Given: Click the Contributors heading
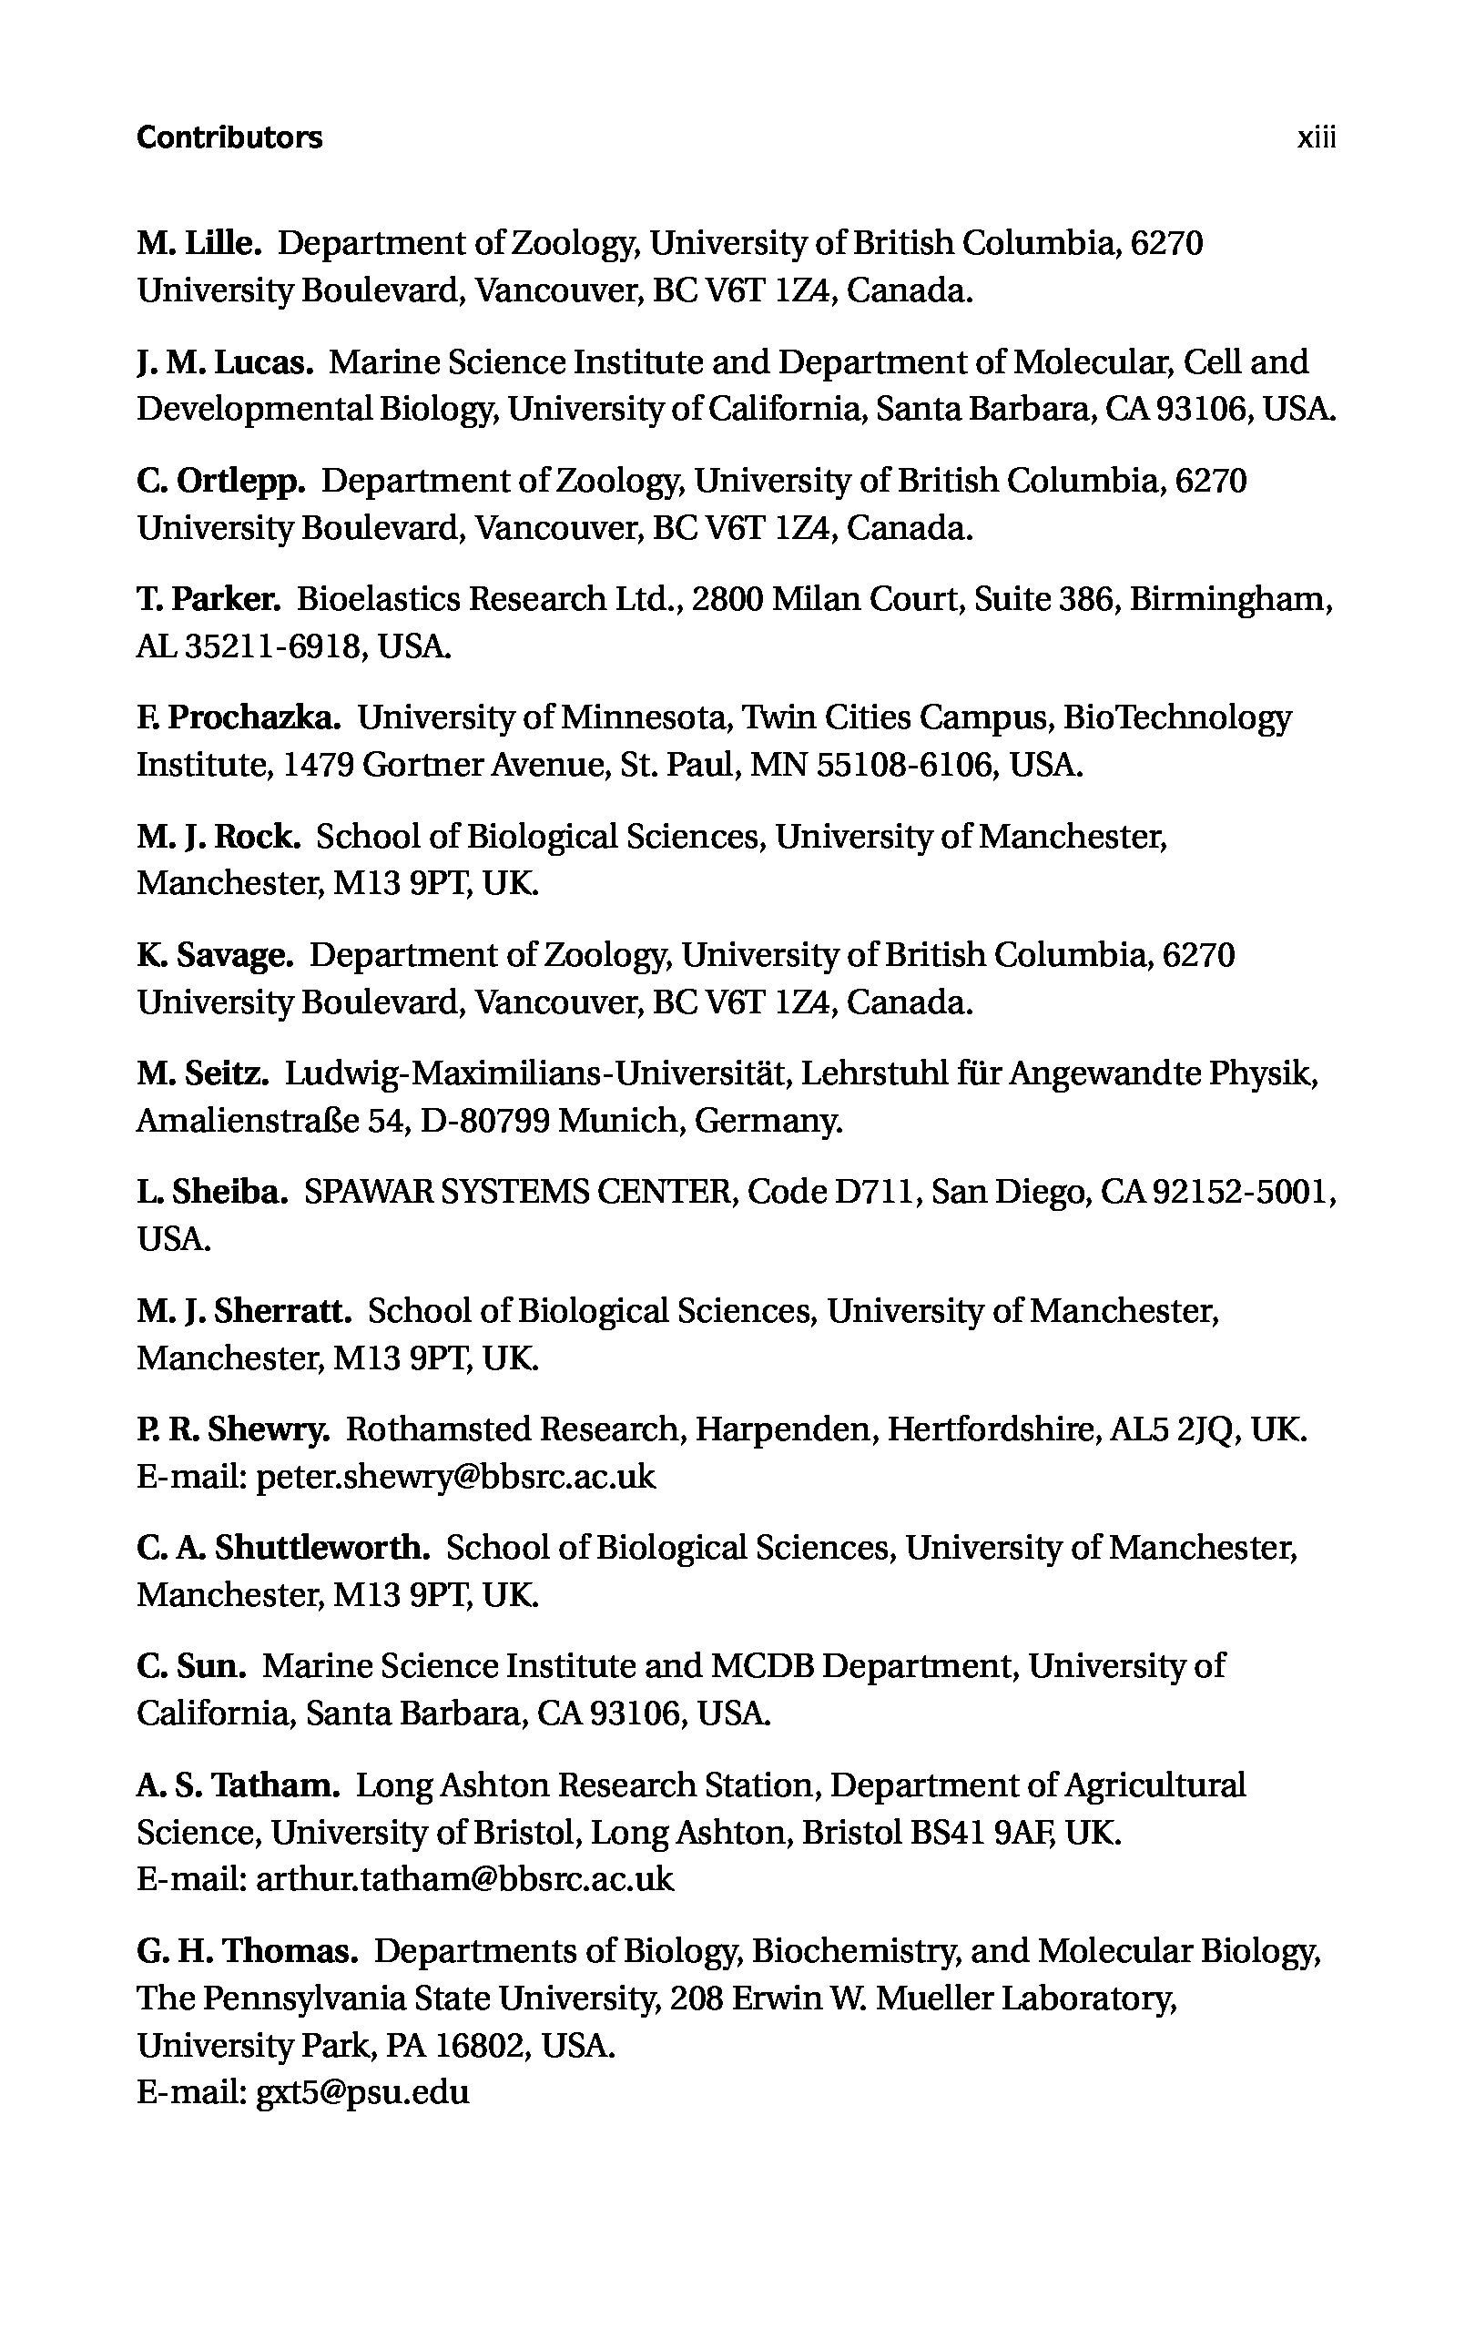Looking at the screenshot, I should [229, 137].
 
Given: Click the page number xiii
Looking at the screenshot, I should [1316, 137].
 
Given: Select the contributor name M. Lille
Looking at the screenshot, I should [199, 243].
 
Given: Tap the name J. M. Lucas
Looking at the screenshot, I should [224, 362].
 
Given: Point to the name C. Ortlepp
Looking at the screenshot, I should [221, 481].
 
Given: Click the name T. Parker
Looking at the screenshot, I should [209, 599].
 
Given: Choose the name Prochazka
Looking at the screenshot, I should [255, 718].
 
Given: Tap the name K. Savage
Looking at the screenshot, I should [215, 955].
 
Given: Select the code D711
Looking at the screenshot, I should [876, 1192].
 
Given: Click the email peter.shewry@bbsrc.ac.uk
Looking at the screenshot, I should [455, 1477].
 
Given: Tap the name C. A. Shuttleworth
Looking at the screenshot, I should [283, 1548].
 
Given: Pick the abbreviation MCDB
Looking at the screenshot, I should [762, 1666].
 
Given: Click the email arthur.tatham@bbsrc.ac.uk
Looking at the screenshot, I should [464, 1879].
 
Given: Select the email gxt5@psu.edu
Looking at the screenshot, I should [362, 2092].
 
